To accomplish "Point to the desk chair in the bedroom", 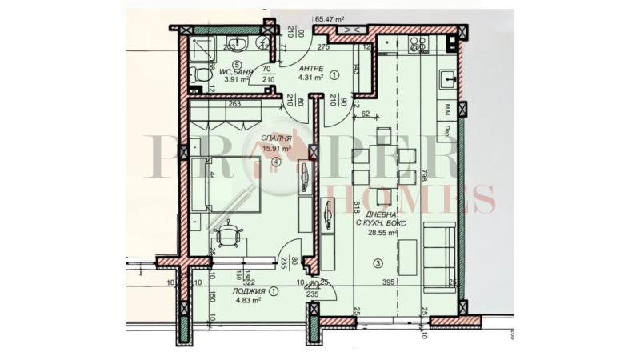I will pyautogui.click(x=230, y=235).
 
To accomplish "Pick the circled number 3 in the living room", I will pyautogui.click(x=376, y=263).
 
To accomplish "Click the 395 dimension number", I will pyautogui.click(x=389, y=282).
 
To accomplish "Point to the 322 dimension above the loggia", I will pyautogui.click(x=248, y=282).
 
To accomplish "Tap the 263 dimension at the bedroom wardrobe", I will pyautogui.click(x=234, y=103).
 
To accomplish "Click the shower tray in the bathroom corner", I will pyautogui.click(x=262, y=45).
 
